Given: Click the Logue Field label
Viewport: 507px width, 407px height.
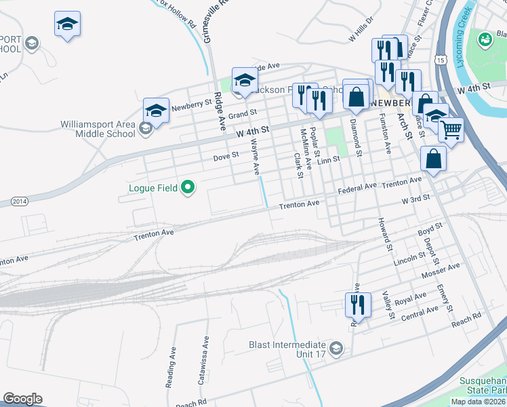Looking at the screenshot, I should (x=153, y=188).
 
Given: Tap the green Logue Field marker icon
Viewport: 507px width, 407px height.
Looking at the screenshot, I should (x=188, y=188).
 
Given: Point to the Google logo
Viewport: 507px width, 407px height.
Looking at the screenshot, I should (x=22, y=399).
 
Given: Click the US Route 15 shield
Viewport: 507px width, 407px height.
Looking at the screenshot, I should (x=441, y=61).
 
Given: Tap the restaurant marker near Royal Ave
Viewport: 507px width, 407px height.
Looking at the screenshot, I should (x=357, y=305).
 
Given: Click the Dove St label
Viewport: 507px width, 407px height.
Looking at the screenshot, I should (x=226, y=155).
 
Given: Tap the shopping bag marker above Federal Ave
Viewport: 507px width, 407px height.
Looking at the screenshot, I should (x=433, y=159).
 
